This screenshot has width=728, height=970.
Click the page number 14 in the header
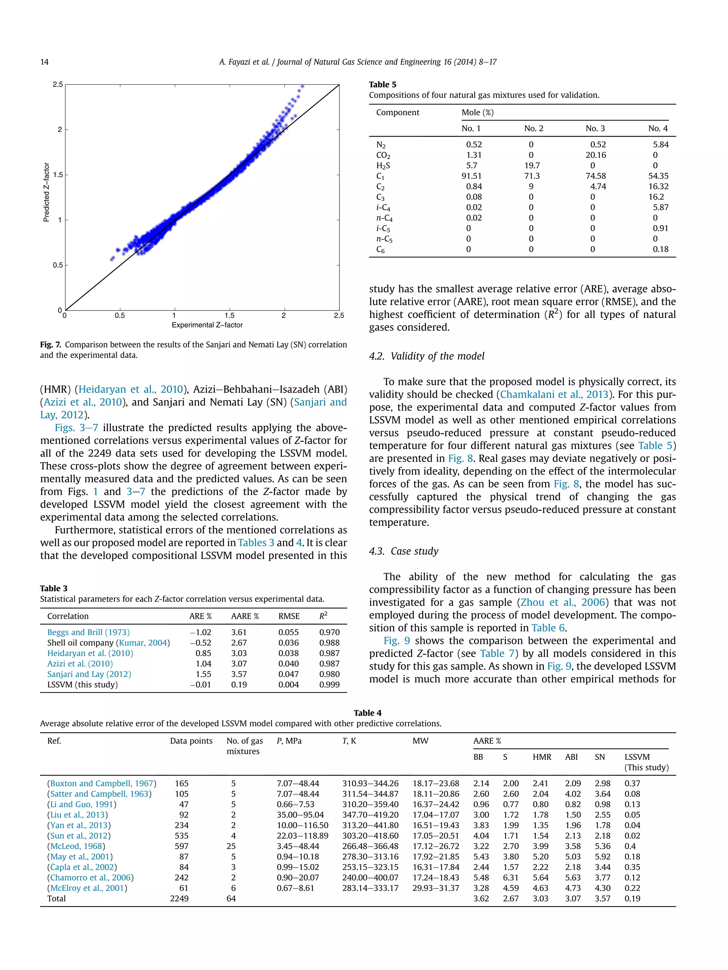[44, 62]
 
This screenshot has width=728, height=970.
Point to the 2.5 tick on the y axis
[58, 84]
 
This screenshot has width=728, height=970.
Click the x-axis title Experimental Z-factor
[207, 325]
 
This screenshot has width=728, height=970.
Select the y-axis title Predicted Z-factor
[47, 192]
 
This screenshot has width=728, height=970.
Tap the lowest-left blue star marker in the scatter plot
[112, 259]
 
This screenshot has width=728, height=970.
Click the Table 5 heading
[382, 85]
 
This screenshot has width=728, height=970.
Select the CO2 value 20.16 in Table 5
[595, 155]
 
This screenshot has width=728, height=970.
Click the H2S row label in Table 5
[383, 166]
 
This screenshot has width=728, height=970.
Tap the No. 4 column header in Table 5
[657, 129]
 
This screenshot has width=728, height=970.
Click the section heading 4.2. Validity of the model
[427, 356]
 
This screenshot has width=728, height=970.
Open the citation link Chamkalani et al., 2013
[554, 394]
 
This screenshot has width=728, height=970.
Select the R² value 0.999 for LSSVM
[329, 684]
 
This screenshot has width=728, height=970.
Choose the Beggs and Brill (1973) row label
[88, 632]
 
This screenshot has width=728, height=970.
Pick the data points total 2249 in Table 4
[179, 899]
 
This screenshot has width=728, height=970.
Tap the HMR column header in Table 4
[542, 757]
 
